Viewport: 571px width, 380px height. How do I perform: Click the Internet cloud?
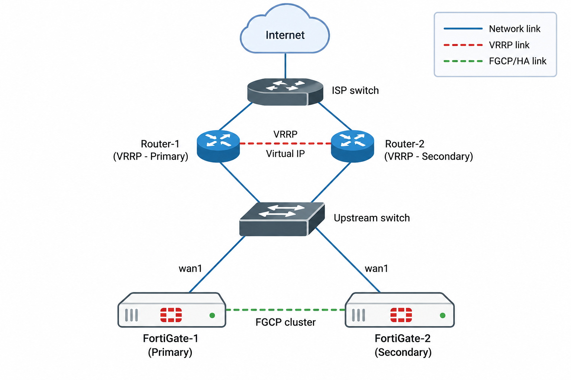click(x=285, y=29)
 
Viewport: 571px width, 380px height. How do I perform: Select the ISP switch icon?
click(x=285, y=92)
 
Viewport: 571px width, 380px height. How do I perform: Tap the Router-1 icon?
click(x=218, y=146)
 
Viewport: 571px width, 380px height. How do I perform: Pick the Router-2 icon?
click(x=352, y=146)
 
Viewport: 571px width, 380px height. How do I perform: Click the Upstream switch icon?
click(x=282, y=219)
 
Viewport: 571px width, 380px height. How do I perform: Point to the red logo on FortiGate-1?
click(x=171, y=315)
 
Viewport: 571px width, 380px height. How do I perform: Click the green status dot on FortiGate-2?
click(x=442, y=315)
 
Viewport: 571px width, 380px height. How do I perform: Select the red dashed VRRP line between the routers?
click(x=285, y=144)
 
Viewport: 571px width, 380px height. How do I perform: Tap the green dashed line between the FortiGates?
click(x=285, y=310)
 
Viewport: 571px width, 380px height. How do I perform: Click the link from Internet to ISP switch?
click(x=285, y=66)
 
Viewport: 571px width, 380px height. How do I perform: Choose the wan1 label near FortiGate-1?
click(x=190, y=269)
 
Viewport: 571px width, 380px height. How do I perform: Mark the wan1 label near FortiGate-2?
click(x=376, y=269)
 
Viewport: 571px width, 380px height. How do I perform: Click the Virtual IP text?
click(x=285, y=154)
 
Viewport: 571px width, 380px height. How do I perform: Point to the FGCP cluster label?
click(x=285, y=322)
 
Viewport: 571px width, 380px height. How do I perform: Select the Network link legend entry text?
click(x=514, y=29)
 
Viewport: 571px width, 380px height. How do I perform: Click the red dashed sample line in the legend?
click(x=463, y=45)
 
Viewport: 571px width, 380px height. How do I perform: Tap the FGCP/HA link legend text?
click(x=517, y=61)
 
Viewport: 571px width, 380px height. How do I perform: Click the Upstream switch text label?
click(x=372, y=218)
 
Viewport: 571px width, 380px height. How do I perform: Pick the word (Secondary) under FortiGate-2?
click(x=403, y=352)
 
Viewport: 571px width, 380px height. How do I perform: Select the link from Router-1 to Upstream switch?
click(x=240, y=182)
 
